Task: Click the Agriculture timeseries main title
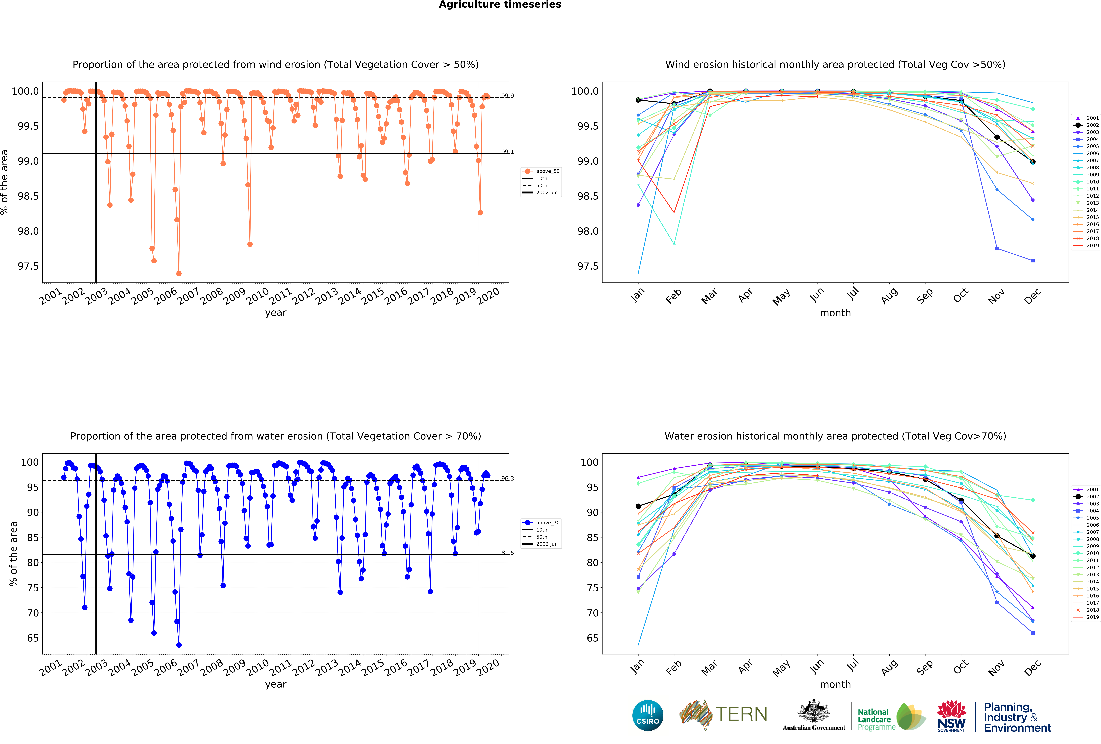pyautogui.click(x=500, y=5)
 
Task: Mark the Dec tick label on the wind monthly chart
pyautogui.click(x=1032, y=296)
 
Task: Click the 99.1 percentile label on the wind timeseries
pyautogui.click(x=507, y=152)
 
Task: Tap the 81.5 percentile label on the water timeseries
pyautogui.click(x=507, y=553)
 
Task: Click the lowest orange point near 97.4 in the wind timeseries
pyautogui.click(x=179, y=273)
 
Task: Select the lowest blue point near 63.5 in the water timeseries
pyautogui.click(x=179, y=645)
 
